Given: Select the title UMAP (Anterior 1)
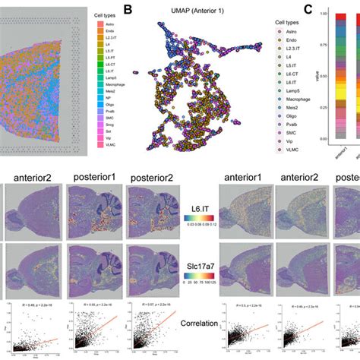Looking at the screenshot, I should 196,11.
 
